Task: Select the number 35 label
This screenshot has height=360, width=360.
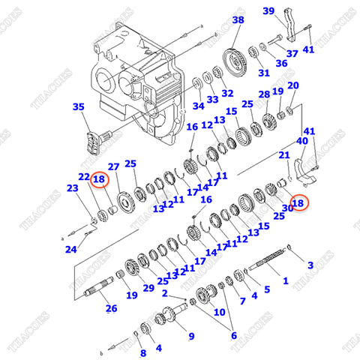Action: [79, 107]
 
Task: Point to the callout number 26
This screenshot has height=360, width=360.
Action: [111, 308]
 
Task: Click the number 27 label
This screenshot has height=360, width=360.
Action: [114, 166]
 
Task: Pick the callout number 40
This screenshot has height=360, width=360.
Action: [302, 140]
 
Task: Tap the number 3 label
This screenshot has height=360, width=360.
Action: [310, 265]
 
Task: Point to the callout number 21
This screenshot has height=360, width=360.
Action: [284, 155]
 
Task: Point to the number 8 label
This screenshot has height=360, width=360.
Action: [142, 353]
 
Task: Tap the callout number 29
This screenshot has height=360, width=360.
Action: [148, 289]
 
